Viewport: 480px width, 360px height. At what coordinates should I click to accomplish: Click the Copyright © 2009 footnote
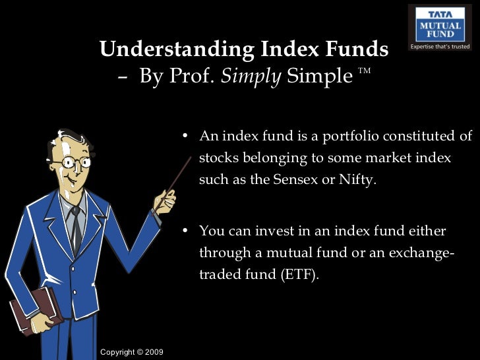[131, 352]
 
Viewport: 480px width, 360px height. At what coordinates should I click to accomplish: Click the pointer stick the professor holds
[175, 172]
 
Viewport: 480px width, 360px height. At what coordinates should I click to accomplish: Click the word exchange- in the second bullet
[421, 253]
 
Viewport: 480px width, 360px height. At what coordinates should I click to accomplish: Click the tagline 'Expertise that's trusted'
[440, 47]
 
